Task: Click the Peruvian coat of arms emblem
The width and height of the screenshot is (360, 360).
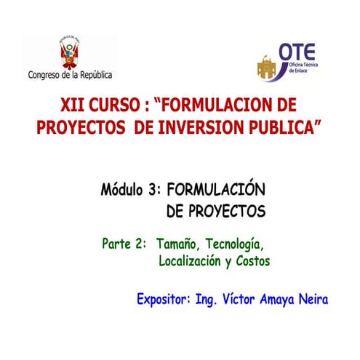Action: pyautogui.click(x=71, y=52)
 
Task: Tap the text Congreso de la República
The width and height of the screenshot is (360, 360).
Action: pyautogui.click(x=70, y=74)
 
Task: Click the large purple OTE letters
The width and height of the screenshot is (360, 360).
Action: pyautogui.click(x=297, y=51)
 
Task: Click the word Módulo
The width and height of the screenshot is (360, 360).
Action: pyautogui.click(x=122, y=191)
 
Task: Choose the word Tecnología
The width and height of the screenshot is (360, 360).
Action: pyautogui.click(x=231, y=244)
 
